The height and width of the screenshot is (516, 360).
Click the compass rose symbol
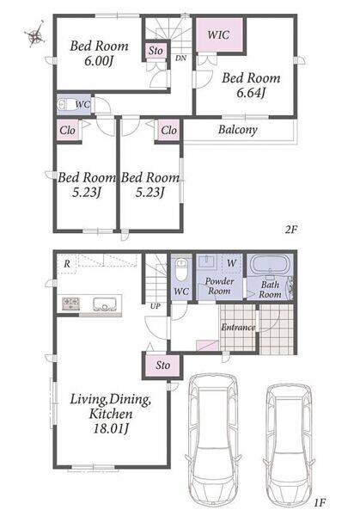point(35,34)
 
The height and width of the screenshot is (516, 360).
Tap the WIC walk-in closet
point(219,35)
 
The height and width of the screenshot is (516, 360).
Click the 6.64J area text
point(251,93)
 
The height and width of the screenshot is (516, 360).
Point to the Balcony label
point(237,130)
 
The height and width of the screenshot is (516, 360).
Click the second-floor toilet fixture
point(62,105)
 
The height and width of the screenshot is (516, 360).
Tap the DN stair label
point(180,58)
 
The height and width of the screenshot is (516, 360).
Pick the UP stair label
point(155,306)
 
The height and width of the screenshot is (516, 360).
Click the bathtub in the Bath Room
point(270,264)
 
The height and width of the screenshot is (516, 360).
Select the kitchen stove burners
point(71,304)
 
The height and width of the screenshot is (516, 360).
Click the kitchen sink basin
point(105,304)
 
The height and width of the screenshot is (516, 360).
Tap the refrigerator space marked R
point(67,264)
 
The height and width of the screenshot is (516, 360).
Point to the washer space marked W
point(231,263)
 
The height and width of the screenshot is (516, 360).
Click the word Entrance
point(238,327)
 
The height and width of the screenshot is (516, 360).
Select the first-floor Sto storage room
point(162,365)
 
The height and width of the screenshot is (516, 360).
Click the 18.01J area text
point(111,429)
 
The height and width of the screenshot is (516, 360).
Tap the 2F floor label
point(291,229)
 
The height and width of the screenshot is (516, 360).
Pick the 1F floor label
point(320,502)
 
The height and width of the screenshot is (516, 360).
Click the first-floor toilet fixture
point(180,269)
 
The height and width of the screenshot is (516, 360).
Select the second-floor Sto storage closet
point(156,51)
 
